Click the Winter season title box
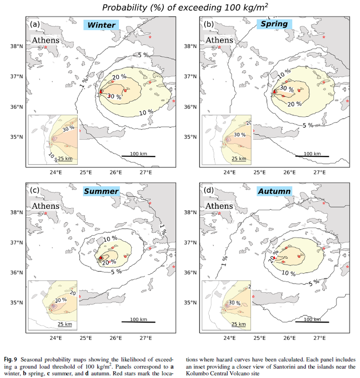pyautogui.click(x=101, y=25)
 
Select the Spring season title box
pyautogui.click(x=274, y=24)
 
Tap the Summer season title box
pyautogui.click(x=101, y=191)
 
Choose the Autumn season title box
pyautogui.click(x=274, y=191)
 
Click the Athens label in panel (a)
pyautogui.click(x=45, y=40)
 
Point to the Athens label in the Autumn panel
pyautogui.click(x=219, y=206)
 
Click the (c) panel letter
pyautogui.click(x=35, y=190)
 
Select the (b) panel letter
pyautogui.click(x=209, y=24)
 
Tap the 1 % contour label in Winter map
pyautogui.click(x=84, y=83)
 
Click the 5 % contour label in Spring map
pyautogui.click(x=308, y=125)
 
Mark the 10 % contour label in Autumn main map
pyautogui.click(x=289, y=273)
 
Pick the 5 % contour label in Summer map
pyautogui.click(x=116, y=272)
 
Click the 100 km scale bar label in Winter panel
pyautogui.click(x=138, y=154)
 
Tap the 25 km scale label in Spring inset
pyautogui.click(x=239, y=158)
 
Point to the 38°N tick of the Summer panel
pyautogui.click(x=17, y=212)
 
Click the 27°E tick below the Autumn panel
pyautogui.click(x=320, y=338)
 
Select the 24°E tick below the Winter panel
pyautogui.click(x=56, y=172)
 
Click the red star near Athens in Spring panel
pyautogui.click(x=219, y=47)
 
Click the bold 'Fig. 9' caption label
pyautogui.click(x=11, y=360)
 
